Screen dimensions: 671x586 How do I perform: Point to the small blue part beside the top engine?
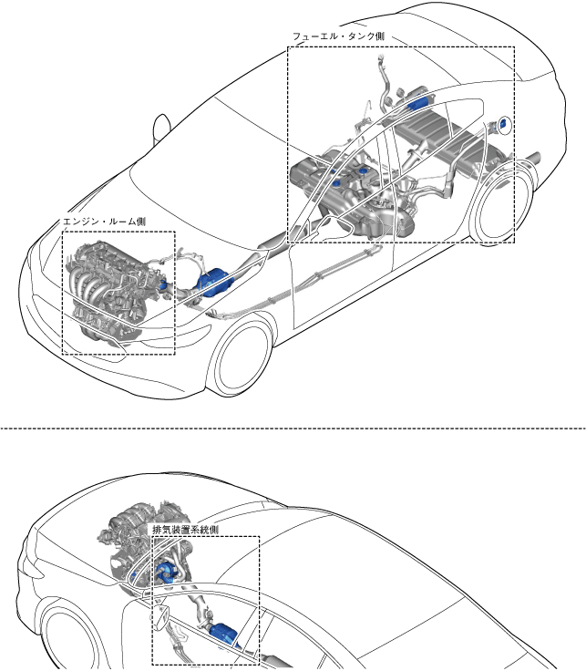coord(165,285)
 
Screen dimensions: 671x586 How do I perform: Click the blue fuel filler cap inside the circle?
coord(503,123)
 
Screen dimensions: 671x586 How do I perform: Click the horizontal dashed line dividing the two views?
coord(292,426)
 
